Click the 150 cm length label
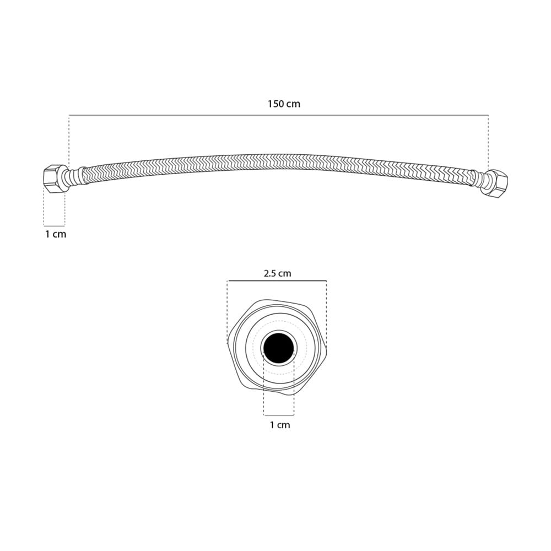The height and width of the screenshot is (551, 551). (x=284, y=104)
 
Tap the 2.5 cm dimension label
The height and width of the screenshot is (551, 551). (x=277, y=273)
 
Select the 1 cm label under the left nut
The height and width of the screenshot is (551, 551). (x=56, y=234)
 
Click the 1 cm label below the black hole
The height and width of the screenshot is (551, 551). (x=280, y=425)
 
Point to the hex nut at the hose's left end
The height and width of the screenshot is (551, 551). (x=54, y=178)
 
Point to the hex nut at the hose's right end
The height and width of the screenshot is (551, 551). (x=496, y=183)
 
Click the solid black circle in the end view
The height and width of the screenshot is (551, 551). (x=279, y=348)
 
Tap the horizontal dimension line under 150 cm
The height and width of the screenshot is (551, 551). (x=279, y=115)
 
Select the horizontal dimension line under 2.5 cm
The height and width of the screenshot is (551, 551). (x=277, y=281)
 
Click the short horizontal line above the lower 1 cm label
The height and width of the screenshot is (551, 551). (x=279, y=415)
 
